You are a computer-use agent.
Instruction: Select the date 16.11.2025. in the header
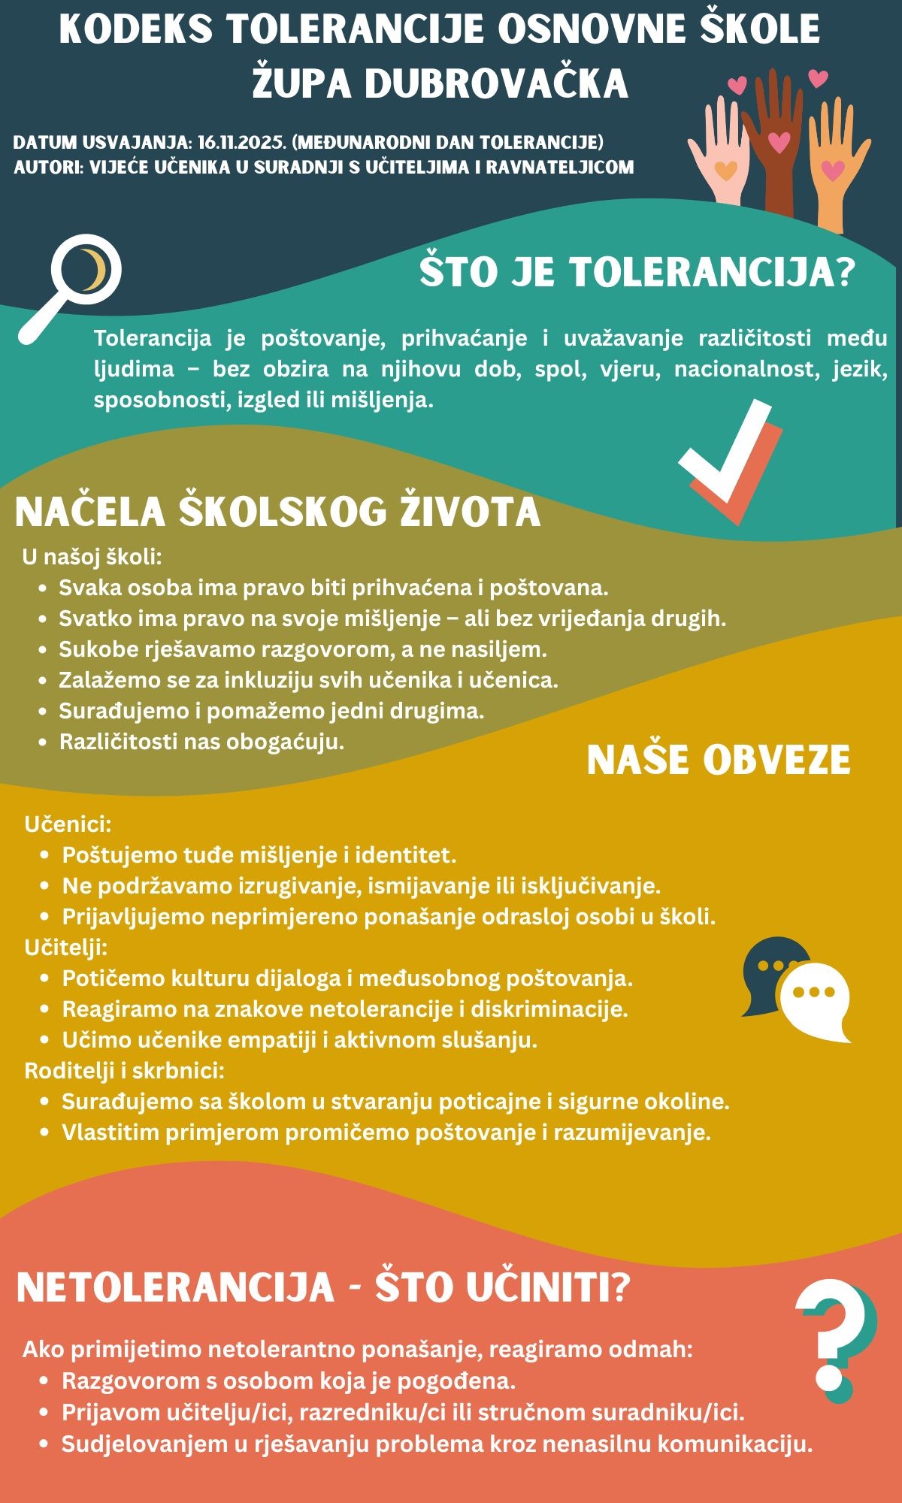click(x=241, y=142)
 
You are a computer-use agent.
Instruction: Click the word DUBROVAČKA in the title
click(x=496, y=83)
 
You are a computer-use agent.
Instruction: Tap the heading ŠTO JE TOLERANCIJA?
click(x=637, y=271)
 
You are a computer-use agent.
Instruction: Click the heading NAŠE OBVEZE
click(x=719, y=760)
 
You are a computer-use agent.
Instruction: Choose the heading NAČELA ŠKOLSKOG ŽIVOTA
click(x=277, y=512)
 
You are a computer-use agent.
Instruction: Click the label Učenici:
click(x=68, y=824)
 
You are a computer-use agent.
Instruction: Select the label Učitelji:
click(x=66, y=947)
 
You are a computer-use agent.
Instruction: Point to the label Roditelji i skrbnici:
click(x=125, y=1070)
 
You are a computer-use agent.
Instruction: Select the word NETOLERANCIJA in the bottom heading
click(x=174, y=1287)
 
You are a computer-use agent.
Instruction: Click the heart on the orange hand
click(x=833, y=171)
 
